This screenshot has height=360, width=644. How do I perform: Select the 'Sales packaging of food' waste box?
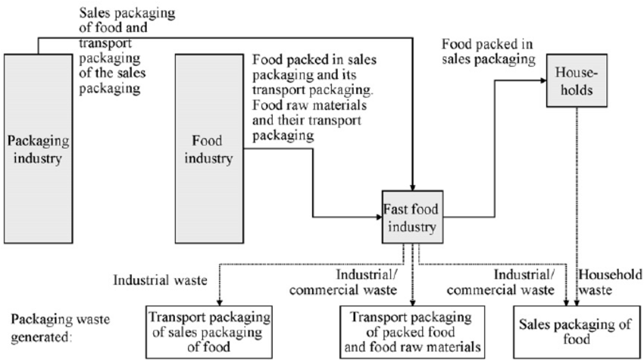pyautogui.click(x=574, y=327)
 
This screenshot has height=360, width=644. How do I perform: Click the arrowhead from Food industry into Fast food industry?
pyautogui.click(x=378, y=214)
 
